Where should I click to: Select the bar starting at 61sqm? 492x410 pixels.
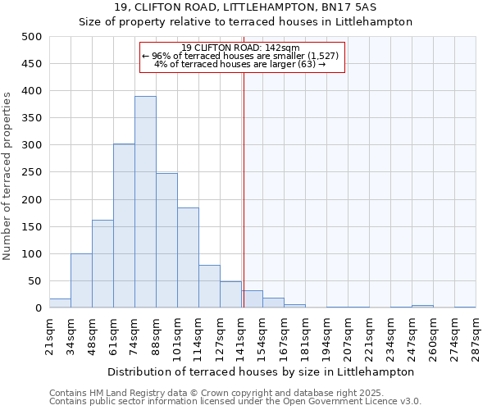point(124,226)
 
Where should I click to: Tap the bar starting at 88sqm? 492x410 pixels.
point(166,241)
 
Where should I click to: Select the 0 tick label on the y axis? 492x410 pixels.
point(38,308)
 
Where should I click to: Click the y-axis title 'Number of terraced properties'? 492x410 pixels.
point(7,175)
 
